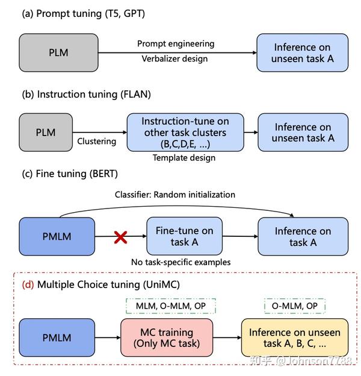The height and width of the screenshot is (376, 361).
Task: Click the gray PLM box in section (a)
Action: click(x=58, y=53)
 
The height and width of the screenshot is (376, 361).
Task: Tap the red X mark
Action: click(x=120, y=237)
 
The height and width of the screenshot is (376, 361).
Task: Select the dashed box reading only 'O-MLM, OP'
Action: click(x=295, y=305)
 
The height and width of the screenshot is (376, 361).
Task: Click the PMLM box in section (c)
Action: click(x=57, y=237)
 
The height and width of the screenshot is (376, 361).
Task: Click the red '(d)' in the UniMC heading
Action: click(x=28, y=284)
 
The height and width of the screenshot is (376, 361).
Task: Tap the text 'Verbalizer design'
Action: click(x=175, y=59)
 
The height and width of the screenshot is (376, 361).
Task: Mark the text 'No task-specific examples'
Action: click(x=180, y=263)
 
